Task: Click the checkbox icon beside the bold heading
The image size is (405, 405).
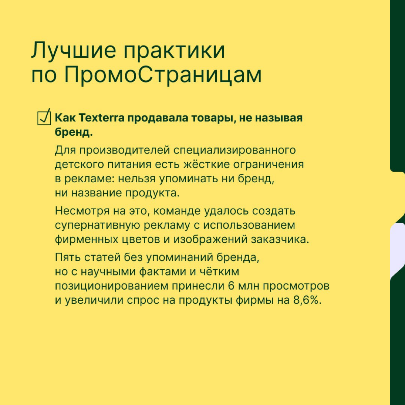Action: click(x=44, y=117)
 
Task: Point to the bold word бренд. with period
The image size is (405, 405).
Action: click(x=74, y=132)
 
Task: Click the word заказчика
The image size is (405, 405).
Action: click(x=280, y=239)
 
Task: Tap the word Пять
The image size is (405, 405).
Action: click(x=67, y=257)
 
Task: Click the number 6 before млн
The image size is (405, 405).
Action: click(x=231, y=286)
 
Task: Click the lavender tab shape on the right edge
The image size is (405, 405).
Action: click(x=398, y=250)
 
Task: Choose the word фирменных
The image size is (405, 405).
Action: click(x=86, y=239)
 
